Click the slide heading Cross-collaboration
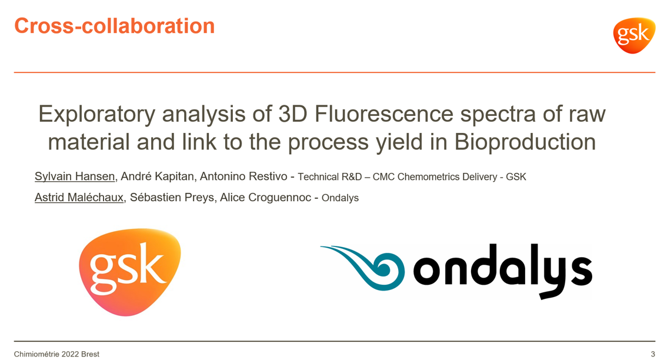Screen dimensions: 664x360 coord(114,26)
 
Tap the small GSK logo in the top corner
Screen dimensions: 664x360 coord(634,35)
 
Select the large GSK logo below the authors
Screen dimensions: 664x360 coord(129,272)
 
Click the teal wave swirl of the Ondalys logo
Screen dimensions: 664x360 coord(363,268)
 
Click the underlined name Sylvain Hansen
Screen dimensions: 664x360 coord(75,176)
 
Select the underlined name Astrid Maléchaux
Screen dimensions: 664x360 coord(79,198)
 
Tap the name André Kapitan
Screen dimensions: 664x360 coord(157,176)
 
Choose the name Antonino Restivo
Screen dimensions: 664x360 coord(243,176)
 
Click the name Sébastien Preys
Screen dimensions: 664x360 coord(172,198)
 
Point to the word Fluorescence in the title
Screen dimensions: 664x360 coord(385,114)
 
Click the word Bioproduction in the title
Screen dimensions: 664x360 coord(525,142)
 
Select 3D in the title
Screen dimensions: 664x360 coord(293,114)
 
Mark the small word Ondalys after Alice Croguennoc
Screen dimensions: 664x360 coord(340,198)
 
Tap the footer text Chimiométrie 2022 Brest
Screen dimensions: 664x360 coord(56,354)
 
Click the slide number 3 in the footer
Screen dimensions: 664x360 coord(653,354)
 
